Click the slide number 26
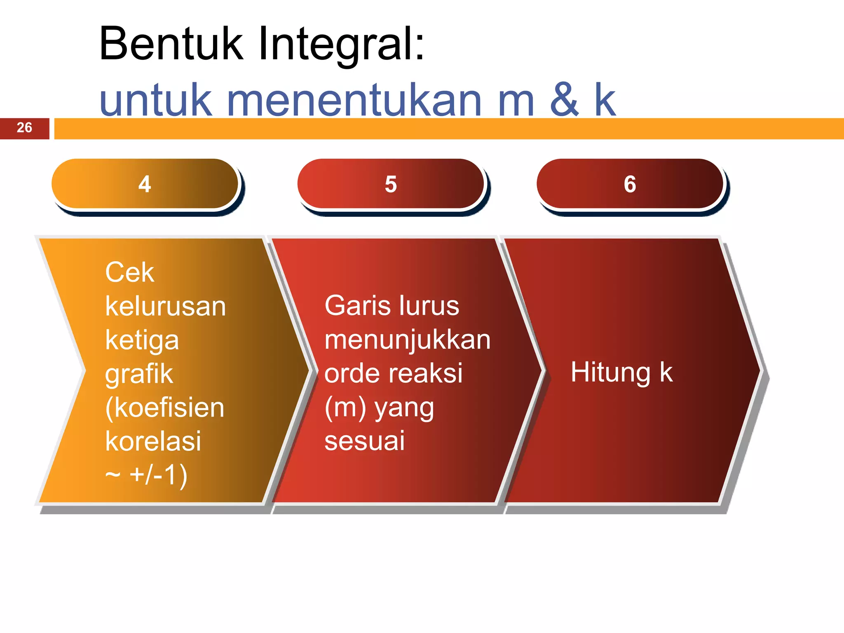click(x=24, y=127)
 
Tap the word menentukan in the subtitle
click(x=354, y=100)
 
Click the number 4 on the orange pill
click(x=145, y=184)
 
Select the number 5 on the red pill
click(x=391, y=184)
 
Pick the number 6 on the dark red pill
click(x=630, y=184)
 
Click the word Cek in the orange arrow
click(x=129, y=272)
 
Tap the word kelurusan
click(x=165, y=306)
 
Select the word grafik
click(x=139, y=374)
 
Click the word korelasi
click(x=153, y=441)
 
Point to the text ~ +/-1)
click(x=146, y=475)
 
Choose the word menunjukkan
click(x=407, y=340)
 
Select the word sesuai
click(x=364, y=441)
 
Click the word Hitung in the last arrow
click(x=610, y=372)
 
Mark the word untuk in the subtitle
click(x=156, y=100)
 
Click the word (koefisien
click(x=164, y=408)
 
